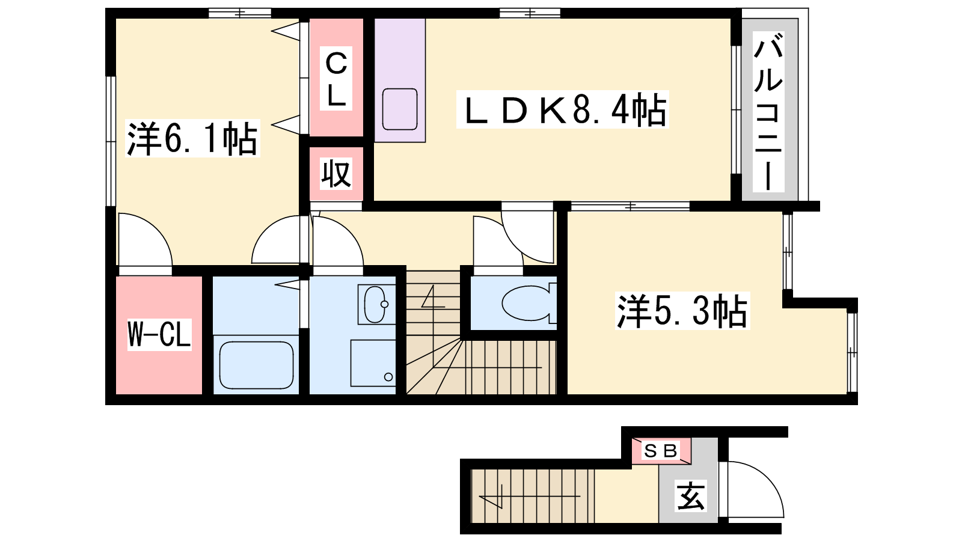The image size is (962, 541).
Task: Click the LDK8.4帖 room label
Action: point(563,109)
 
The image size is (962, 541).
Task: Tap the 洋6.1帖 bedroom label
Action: point(193,138)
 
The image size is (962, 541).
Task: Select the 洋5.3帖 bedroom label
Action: point(682,311)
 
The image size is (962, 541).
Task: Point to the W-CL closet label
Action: point(159,334)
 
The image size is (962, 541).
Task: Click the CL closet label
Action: point(336,79)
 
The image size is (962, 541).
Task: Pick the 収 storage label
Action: point(336,174)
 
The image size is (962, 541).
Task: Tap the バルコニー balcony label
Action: point(768,111)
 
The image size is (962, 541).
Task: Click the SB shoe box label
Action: point(660,451)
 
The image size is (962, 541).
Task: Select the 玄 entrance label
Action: point(691,496)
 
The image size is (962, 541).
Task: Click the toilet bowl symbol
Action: point(529,304)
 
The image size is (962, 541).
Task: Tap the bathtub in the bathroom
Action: point(256,365)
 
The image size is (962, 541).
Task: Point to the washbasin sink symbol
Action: point(375,304)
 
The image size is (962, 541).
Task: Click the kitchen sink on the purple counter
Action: point(400,109)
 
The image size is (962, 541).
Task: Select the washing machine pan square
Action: point(373,363)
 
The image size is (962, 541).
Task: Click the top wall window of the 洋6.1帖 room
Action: point(240,13)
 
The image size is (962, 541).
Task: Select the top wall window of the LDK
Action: point(530,13)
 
